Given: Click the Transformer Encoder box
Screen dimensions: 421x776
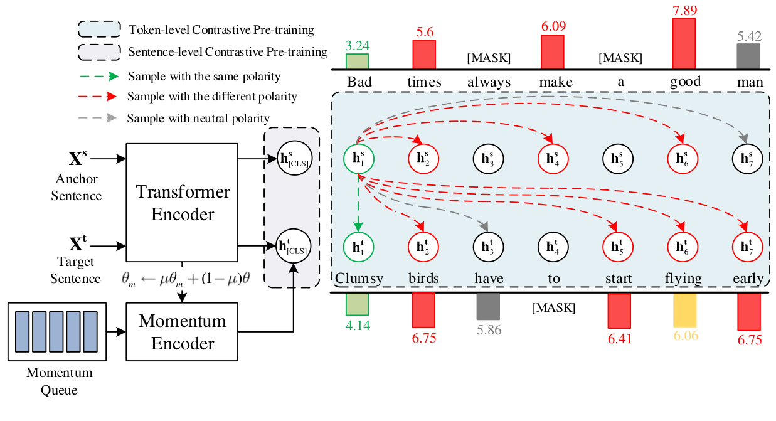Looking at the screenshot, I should point(183,203).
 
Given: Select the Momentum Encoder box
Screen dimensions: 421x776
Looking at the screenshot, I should point(183,332).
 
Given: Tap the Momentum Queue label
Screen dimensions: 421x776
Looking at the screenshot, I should point(59,381).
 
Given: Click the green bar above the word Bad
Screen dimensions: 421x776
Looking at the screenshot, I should point(357,61).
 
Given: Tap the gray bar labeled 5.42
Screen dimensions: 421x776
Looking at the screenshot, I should point(748,56).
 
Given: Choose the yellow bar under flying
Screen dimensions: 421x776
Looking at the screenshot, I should point(684,310).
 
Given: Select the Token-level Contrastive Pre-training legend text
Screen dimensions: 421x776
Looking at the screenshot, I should point(221,29).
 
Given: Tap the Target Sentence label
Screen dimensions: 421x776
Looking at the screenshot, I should point(76,279).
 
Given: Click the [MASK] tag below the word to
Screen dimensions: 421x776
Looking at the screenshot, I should point(553,309).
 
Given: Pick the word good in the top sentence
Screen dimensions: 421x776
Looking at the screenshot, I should point(684,82).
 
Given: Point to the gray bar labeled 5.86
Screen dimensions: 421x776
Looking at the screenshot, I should point(487,307).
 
